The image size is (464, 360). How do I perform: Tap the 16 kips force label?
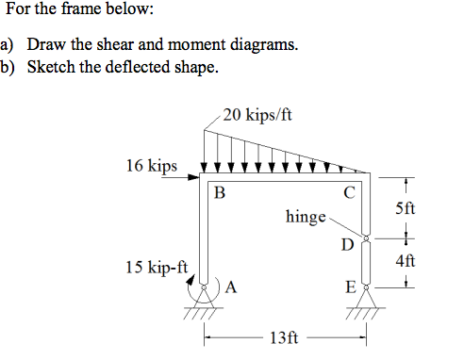(x=150, y=166)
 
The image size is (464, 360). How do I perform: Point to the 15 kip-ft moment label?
(x=156, y=268)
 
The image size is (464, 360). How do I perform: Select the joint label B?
(x=220, y=194)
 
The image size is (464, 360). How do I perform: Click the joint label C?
(x=349, y=194)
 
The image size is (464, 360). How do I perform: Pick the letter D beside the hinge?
(x=347, y=246)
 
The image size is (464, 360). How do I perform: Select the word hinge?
(x=305, y=217)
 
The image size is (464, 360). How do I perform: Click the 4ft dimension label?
(x=403, y=260)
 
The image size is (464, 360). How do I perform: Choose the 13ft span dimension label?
(x=283, y=338)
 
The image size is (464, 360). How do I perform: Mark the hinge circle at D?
(x=366, y=240)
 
